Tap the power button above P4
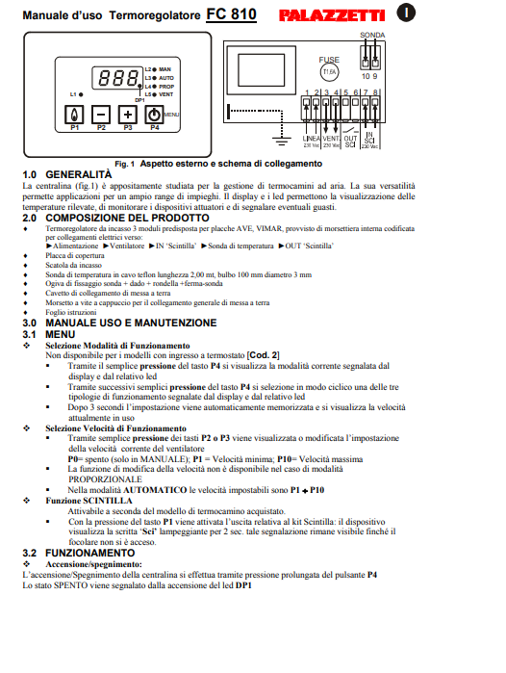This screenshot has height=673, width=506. pos(154,114)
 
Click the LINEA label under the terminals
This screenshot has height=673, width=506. pos(312,138)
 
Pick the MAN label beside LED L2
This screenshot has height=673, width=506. pos(164,69)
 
